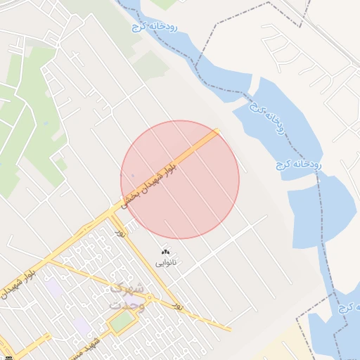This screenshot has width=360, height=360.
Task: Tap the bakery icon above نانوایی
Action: [x=166, y=252]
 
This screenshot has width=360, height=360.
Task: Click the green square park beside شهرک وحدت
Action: [x=122, y=321]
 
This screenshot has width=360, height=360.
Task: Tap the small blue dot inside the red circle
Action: [x=132, y=175]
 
